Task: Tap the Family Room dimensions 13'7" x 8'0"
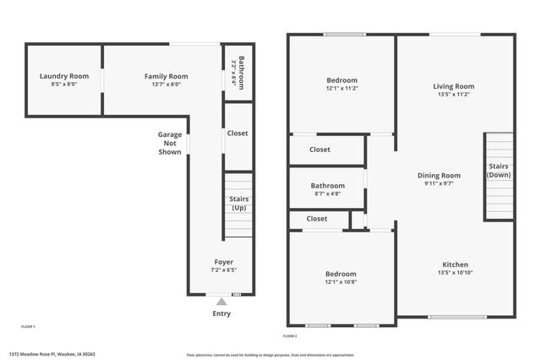coord(166,85)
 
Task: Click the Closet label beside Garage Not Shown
coord(238,134)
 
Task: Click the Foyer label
coord(223,262)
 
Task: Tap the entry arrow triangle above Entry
coord(221,300)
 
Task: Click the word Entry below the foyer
coord(221,314)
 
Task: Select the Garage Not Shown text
coord(170,143)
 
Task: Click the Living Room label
coord(454,86)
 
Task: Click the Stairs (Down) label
coord(499,170)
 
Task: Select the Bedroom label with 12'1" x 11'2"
coord(342,81)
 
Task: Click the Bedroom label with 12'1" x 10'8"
coord(342,274)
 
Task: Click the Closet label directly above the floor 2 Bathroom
coord(320,150)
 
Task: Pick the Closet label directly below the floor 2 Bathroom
coord(317,219)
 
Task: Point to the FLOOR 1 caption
coord(28,326)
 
